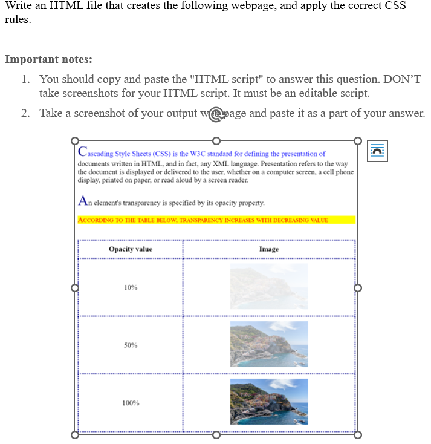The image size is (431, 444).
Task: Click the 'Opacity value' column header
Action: click(x=131, y=249)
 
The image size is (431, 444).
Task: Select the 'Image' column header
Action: click(x=269, y=249)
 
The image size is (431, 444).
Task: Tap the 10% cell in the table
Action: click(x=131, y=287)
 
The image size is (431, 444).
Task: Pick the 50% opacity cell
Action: click(x=131, y=345)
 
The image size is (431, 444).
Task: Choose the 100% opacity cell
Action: click(x=131, y=403)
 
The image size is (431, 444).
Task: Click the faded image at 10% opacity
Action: click(x=268, y=287)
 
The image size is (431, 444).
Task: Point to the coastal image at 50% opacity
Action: click(x=268, y=344)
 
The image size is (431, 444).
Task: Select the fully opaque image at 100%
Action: click(x=268, y=402)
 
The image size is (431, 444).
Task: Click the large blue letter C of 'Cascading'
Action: click(x=82, y=152)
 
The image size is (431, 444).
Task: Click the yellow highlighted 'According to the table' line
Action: click(x=203, y=220)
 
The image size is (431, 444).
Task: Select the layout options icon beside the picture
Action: click(x=377, y=151)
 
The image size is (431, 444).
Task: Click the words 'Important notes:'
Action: click(x=48, y=59)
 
